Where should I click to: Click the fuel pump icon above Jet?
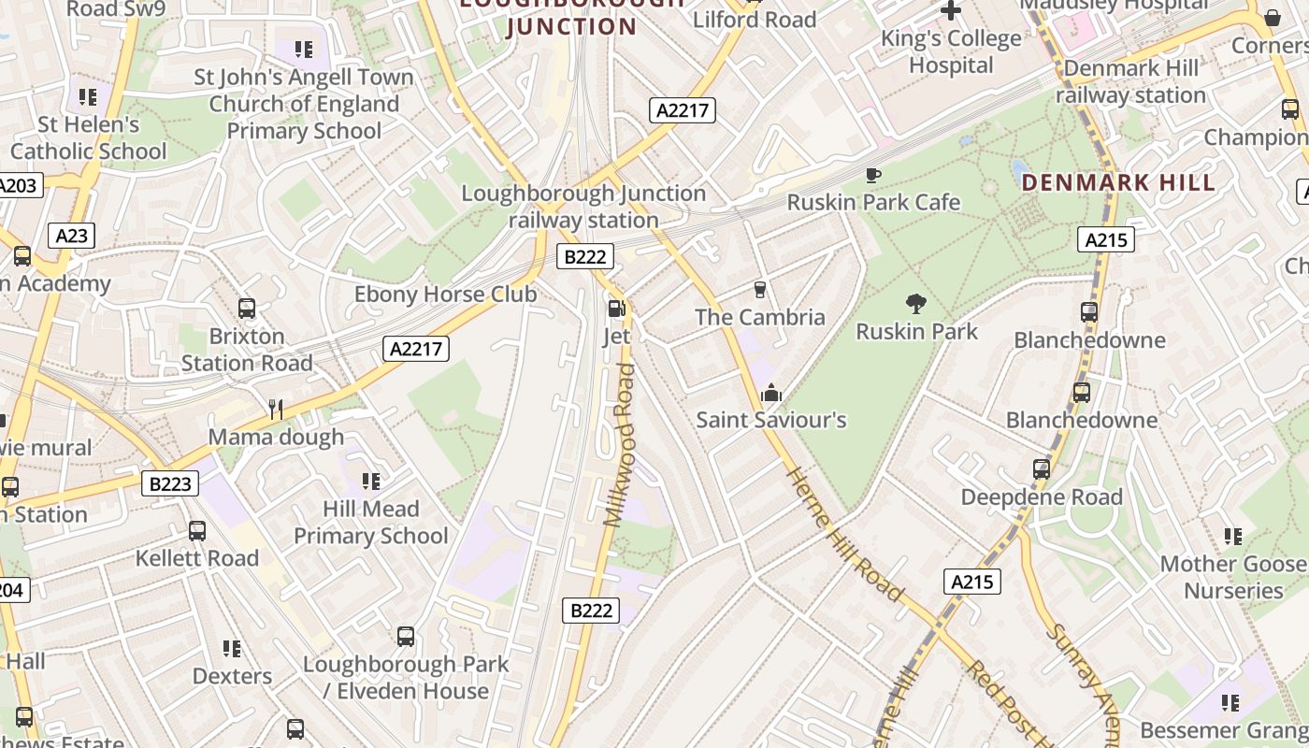click(x=616, y=308)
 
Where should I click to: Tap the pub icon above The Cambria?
click(x=760, y=289)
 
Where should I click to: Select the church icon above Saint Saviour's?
click(x=771, y=392)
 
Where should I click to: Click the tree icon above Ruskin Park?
click(x=915, y=303)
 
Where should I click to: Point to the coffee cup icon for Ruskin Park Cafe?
click(x=872, y=175)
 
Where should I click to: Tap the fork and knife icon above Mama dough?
click(x=275, y=409)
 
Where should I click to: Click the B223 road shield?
click(x=170, y=483)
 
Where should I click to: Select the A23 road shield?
click(x=71, y=236)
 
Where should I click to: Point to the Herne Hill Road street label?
click(x=845, y=533)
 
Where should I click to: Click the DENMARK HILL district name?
click(x=1118, y=182)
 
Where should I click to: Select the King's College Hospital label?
click(x=951, y=52)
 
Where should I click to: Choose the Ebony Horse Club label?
click(x=445, y=295)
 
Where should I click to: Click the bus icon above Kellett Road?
click(x=197, y=530)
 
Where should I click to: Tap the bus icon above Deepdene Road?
click(x=1042, y=468)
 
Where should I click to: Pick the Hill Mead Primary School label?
click(x=371, y=522)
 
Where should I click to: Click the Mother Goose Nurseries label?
click(x=1233, y=577)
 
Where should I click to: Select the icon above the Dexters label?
click(x=232, y=648)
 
